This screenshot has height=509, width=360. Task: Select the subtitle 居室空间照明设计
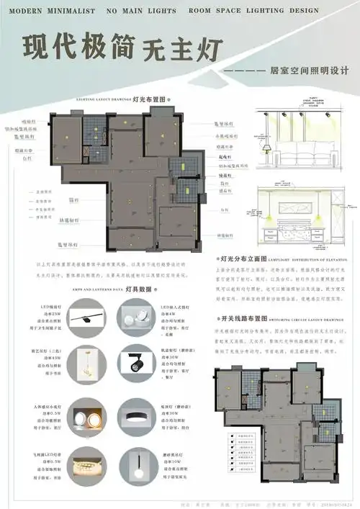[x=309, y=71]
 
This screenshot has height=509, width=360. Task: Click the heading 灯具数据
[x=138, y=289]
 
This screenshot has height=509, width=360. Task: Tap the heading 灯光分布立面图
[x=246, y=257]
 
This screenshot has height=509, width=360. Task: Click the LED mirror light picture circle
[x=90, y=316]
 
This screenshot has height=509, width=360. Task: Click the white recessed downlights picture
[x=135, y=316]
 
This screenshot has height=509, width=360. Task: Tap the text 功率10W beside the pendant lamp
[x=174, y=461]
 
